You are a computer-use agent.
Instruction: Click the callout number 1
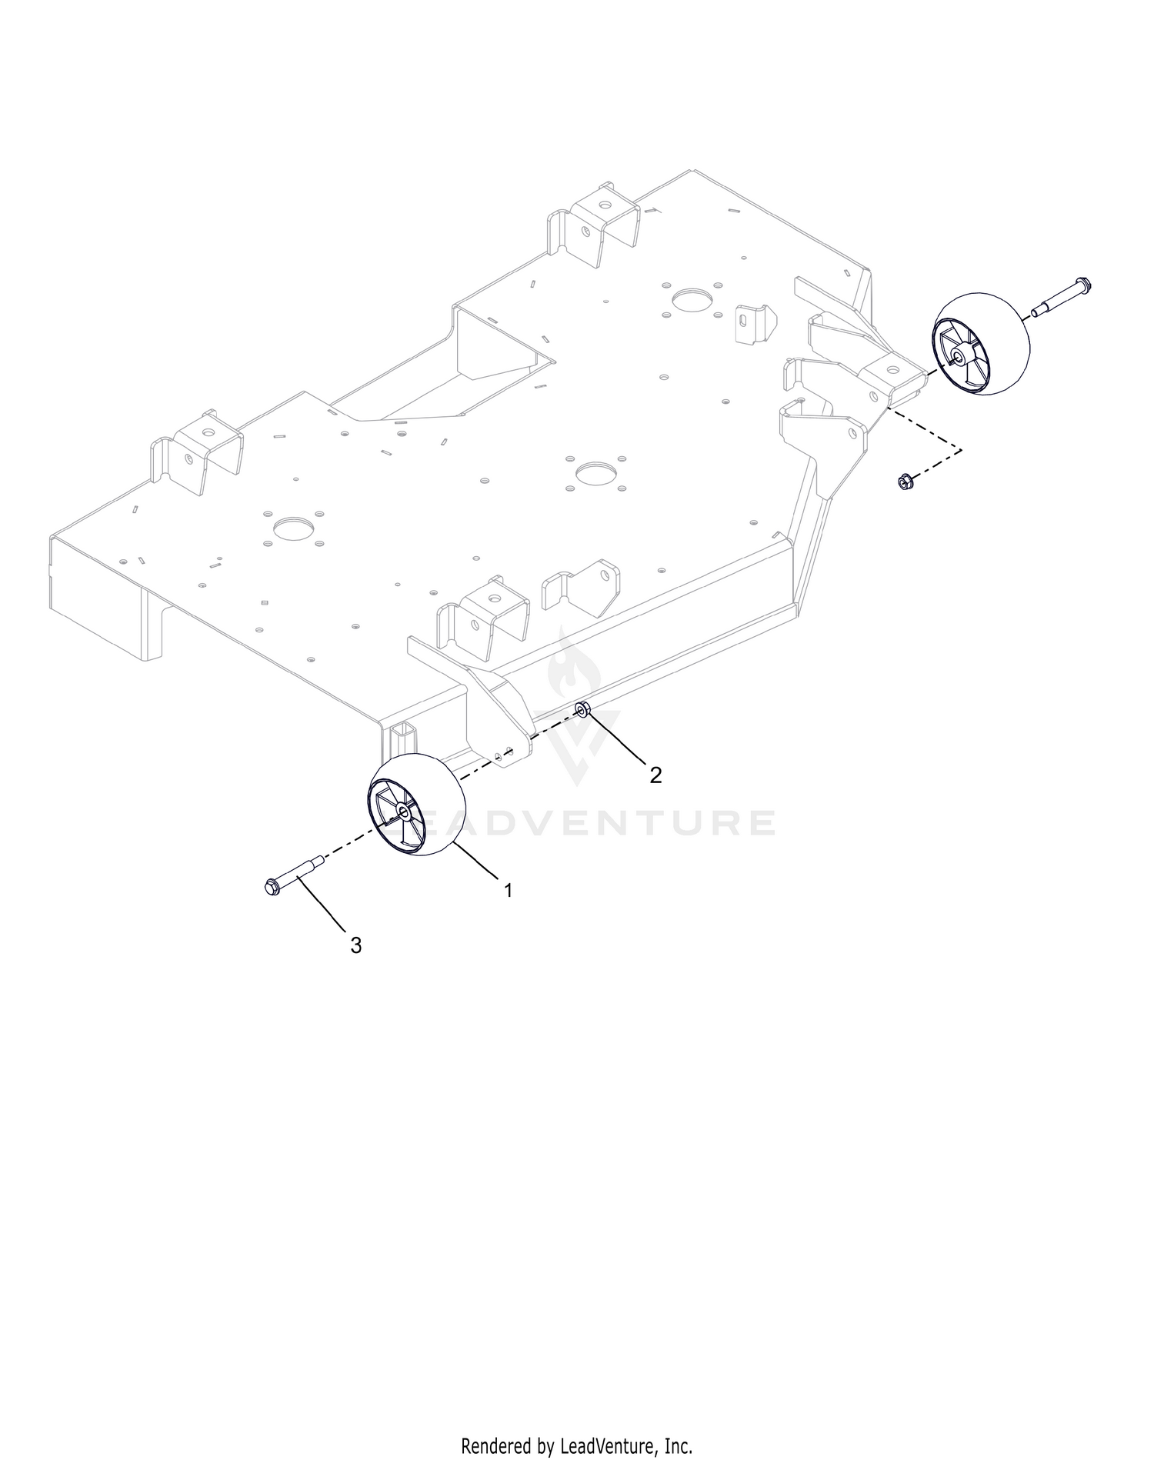pos(508,890)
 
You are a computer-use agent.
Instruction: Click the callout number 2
pos(655,775)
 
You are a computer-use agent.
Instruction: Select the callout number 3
pos(355,945)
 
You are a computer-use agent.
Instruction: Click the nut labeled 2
pos(583,708)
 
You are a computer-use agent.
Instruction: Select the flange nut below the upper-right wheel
pos(904,483)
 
